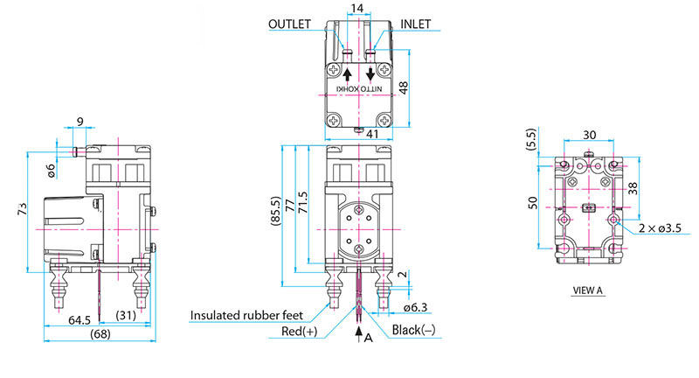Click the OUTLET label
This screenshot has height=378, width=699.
tap(289, 25)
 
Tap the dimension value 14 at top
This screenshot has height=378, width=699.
tap(356, 9)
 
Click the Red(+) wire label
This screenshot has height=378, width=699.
tap(299, 332)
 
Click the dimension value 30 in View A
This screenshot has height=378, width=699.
tap(590, 136)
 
